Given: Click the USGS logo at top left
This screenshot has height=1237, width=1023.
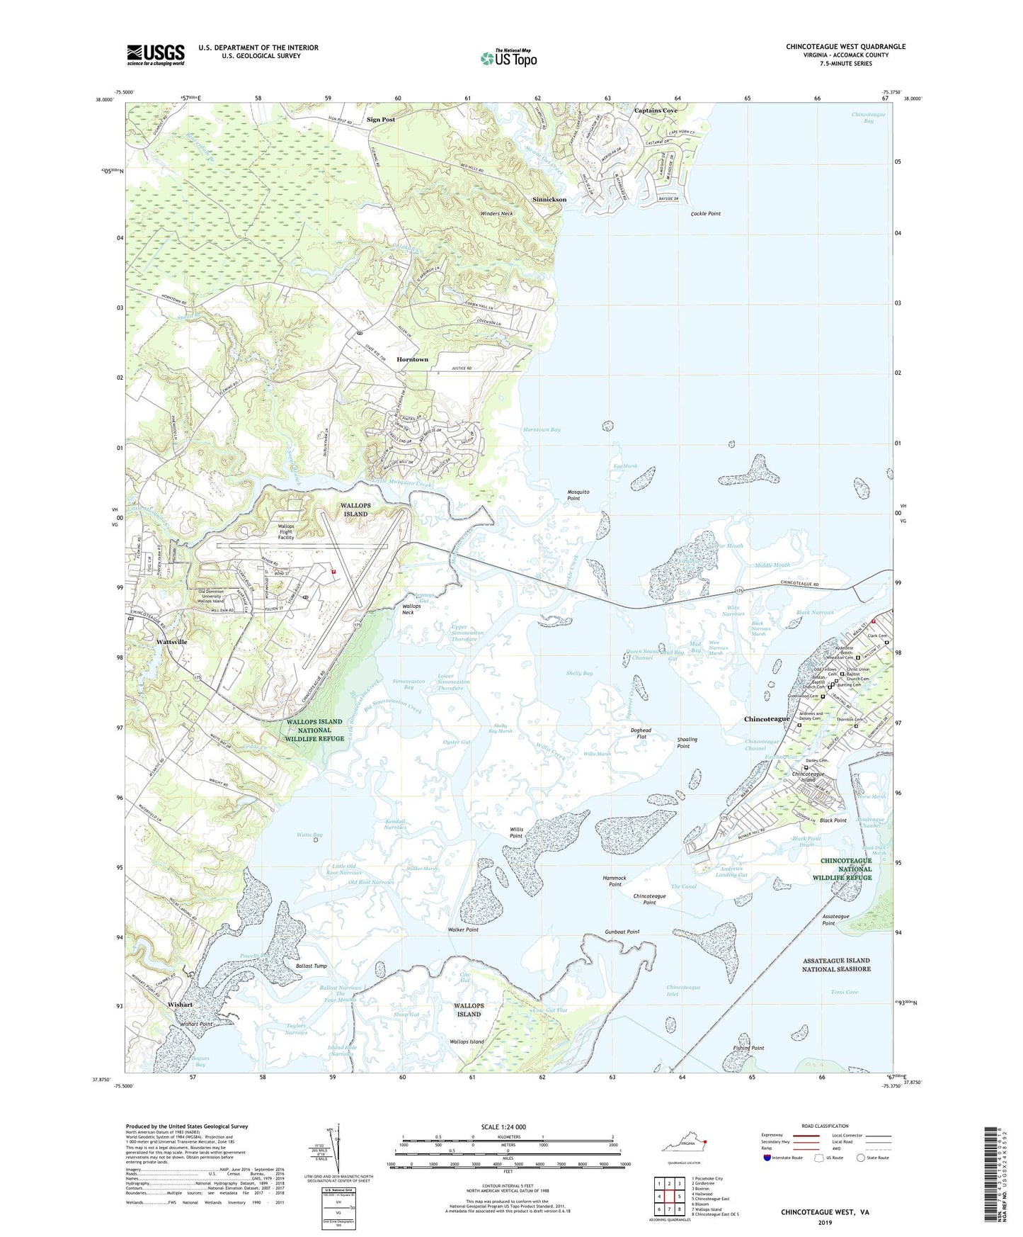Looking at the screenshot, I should click(x=155, y=55).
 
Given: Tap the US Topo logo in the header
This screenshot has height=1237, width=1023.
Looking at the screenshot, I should click(x=508, y=58).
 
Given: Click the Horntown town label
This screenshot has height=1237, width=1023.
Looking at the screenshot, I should click(x=412, y=359).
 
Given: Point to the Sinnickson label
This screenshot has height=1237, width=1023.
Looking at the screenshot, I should click(x=549, y=200).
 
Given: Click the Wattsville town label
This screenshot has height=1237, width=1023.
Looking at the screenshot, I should click(x=171, y=642).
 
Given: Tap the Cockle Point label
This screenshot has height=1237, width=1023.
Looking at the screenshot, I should click(x=705, y=213).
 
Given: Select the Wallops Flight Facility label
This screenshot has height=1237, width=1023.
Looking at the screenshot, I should click(x=285, y=532).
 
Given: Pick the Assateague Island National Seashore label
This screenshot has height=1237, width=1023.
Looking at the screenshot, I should click(x=836, y=964).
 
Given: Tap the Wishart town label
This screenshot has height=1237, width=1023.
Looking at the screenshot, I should click(x=180, y=1005).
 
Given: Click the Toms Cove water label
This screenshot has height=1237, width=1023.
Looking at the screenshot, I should click(x=844, y=992).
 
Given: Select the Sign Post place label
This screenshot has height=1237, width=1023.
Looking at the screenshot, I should click(x=381, y=120).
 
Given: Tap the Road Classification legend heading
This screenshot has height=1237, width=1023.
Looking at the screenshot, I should click(x=825, y=1126).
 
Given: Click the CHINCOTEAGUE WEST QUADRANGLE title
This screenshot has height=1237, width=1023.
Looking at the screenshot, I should click(x=845, y=47).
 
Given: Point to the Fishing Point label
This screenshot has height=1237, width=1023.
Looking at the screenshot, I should click(x=748, y=1048).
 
